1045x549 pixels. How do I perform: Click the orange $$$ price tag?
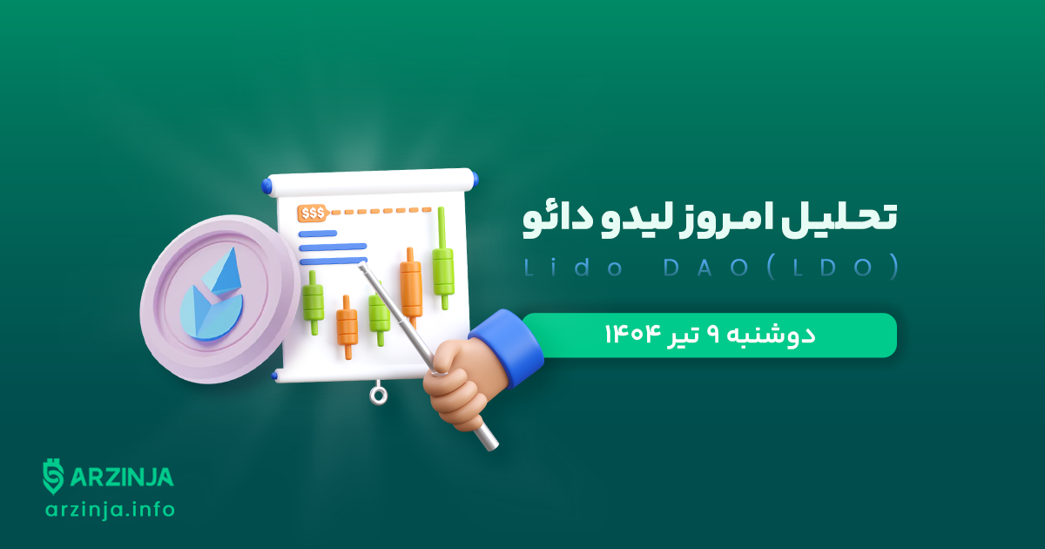[x=313, y=213]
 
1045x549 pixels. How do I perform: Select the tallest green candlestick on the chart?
[x=442, y=258]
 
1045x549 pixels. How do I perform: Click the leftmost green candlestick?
[x=313, y=302]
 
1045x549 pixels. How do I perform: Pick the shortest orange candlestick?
[x=347, y=326]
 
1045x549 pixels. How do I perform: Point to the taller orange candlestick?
[x=411, y=286]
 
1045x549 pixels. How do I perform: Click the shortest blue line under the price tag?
[x=318, y=234]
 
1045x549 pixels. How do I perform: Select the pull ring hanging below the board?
[x=378, y=395]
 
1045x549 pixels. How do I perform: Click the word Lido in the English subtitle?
[x=573, y=268]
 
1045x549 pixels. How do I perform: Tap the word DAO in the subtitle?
[x=705, y=268]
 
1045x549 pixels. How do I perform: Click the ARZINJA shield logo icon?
[x=54, y=476]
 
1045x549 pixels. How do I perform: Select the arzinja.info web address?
[x=110, y=510]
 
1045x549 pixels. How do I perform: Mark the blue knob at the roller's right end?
[x=475, y=179]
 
